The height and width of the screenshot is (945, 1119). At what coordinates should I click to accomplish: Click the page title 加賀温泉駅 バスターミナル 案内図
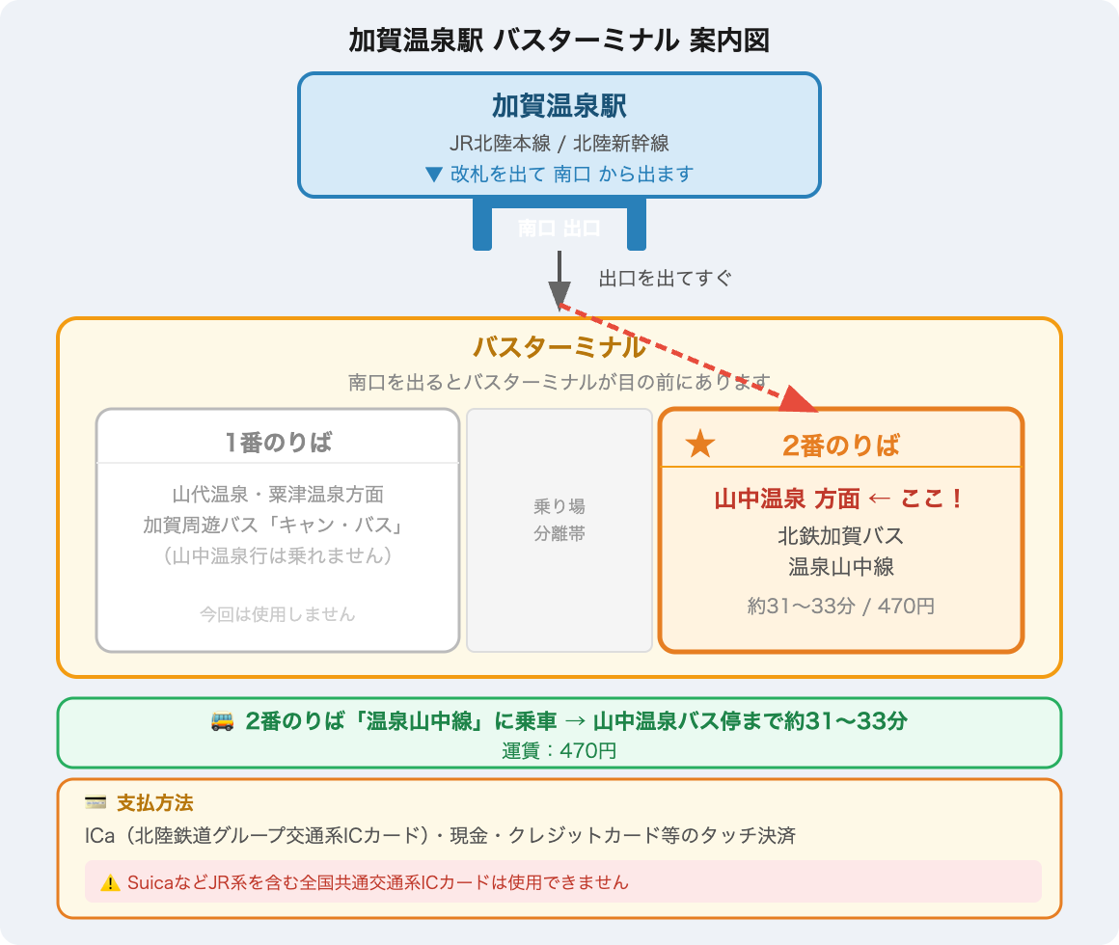(559, 41)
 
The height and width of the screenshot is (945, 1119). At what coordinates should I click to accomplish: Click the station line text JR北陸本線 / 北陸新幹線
(559, 144)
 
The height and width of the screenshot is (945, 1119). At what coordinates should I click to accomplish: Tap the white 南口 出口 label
(559, 229)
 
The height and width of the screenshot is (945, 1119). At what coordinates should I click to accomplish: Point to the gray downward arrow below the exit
(559, 283)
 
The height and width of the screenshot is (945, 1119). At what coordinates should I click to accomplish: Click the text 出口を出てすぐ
(666, 280)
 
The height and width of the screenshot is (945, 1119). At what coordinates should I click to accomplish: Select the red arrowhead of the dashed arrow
(800, 398)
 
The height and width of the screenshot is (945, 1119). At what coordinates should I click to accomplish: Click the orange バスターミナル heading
(559, 347)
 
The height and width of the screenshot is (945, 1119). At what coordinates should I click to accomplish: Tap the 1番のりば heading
(278, 443)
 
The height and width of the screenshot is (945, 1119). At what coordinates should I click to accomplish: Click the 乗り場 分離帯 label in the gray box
(559, 520)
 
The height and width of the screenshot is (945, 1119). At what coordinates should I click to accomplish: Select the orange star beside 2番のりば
(700, 445)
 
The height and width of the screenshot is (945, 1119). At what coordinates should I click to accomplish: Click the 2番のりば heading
(840, 445)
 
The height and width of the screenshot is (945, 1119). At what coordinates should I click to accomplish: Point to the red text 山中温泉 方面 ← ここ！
(839, 499)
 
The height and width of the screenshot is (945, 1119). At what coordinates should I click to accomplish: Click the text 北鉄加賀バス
(840, 535)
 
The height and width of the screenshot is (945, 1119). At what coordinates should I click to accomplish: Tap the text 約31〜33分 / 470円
(840, 607)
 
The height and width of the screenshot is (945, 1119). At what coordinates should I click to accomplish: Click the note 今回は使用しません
(278, 613)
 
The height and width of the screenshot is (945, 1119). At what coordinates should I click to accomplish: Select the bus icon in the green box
(221, 721)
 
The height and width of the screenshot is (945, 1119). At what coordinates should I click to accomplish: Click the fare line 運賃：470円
(559, 750)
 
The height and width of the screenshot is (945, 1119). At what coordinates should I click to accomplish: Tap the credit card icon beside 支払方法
(96, 803)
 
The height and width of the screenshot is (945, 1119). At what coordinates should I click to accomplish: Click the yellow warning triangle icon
(110, 882)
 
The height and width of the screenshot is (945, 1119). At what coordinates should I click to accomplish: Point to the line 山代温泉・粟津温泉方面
(278, 495)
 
